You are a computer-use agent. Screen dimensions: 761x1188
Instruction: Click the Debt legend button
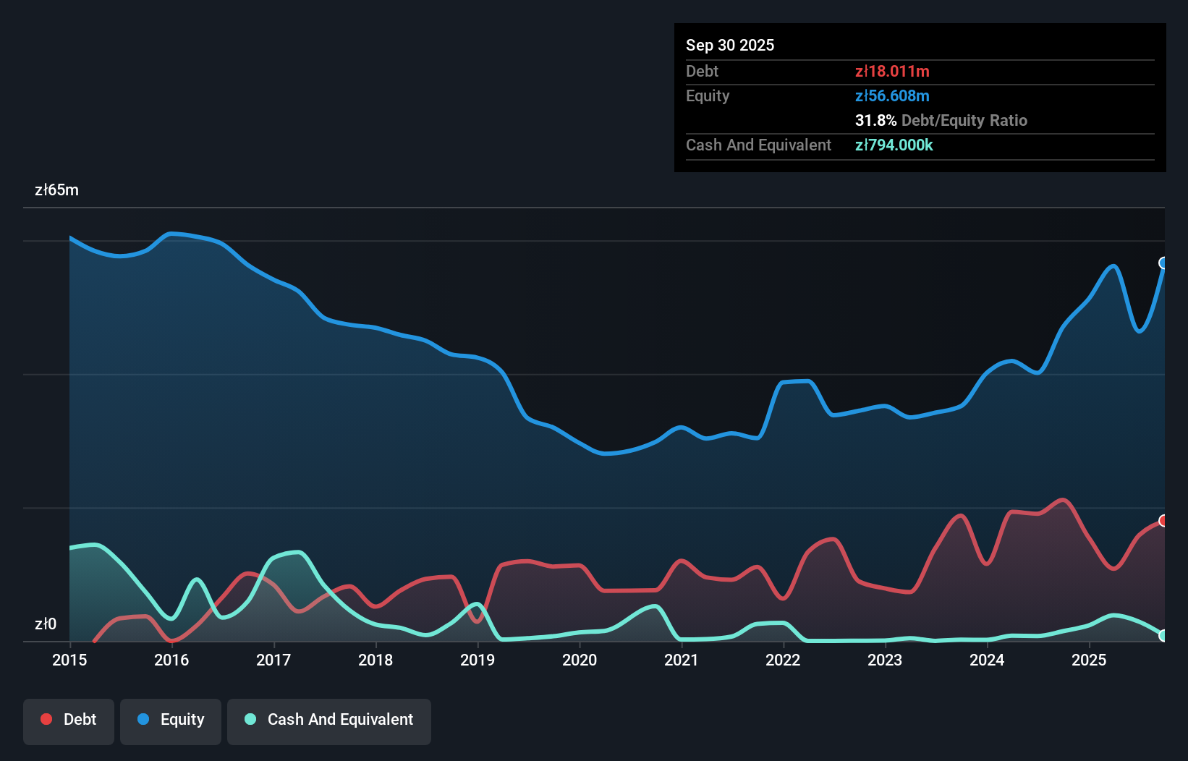click(69, 720)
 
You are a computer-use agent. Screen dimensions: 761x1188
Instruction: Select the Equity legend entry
click(171, 720)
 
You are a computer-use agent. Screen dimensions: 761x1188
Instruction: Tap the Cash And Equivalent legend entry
click(329, 720)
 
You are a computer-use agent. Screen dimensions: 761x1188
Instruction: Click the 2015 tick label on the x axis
click(69, 660)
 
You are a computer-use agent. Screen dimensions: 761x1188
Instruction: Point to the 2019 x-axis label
click(478, 660)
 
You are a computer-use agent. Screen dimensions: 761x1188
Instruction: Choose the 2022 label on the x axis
click(783, 660)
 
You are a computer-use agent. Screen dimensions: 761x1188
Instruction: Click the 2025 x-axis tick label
click(1089, 660)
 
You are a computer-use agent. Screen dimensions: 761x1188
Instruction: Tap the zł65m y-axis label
click(56, 190)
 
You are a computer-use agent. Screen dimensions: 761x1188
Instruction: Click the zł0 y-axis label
click(46, 624)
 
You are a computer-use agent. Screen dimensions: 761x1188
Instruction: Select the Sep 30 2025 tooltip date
click(729, 45)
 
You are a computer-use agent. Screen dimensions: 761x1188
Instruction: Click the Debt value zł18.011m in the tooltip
click(891, 71)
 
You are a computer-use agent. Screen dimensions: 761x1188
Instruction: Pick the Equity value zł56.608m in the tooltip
click(891, 95)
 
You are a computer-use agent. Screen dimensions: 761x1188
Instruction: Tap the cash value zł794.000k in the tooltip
click(894, 145)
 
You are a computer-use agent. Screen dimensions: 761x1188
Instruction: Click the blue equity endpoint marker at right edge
click(1163, 263)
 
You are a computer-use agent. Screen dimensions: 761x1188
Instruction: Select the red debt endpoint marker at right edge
click(1163, 521)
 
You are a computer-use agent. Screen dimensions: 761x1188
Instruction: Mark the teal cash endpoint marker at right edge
click(1163, 635)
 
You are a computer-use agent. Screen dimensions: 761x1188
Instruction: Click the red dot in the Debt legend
click(46, 719)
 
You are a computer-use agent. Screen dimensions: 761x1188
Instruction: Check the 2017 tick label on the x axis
click(273, 660)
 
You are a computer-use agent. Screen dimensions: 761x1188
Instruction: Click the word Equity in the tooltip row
click(707, 95)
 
